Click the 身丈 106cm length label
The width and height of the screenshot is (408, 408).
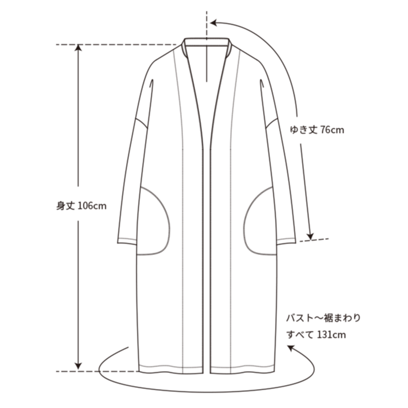coord(82,206)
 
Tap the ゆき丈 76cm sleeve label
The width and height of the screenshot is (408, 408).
coord(317,129)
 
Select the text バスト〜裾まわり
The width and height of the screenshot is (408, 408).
coord(323,318)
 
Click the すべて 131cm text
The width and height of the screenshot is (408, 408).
coord(316,334)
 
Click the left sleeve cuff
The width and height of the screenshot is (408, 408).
coord(127,241)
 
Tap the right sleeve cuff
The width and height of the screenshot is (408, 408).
coord(286,241)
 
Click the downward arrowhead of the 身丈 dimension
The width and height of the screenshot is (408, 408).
coord(78,366)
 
